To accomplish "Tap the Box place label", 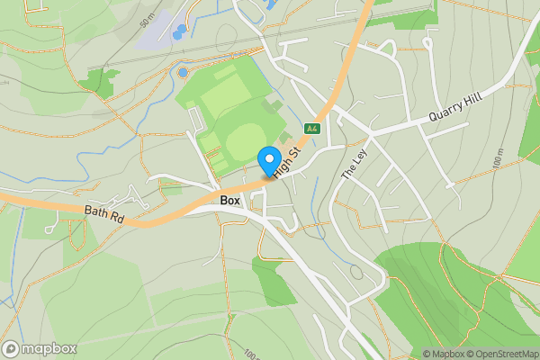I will [230, 200].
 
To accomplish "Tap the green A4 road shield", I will [312, 129].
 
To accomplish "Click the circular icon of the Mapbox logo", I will [12, 349].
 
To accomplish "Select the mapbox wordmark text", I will [49, 349].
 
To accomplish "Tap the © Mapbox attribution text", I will [445, 354].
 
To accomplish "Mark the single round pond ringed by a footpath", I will [183, 72].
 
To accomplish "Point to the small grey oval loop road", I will [356, 272].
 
